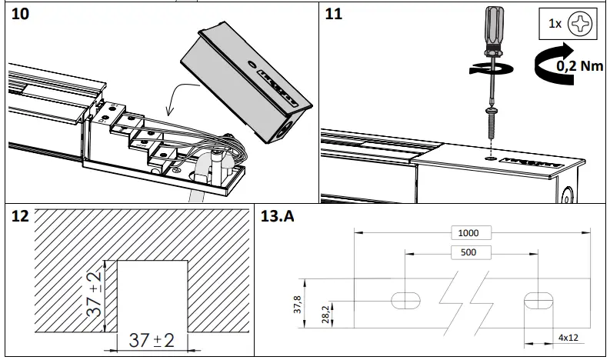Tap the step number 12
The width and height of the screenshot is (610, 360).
click(22, 216)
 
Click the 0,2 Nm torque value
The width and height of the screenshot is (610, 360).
click(579, 67)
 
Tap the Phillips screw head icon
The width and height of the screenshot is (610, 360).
click(580, 24)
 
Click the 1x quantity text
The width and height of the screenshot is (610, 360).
click(555, 24)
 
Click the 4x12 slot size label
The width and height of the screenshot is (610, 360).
click(568, 337)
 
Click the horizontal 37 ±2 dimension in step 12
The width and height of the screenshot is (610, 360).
click(151, 340)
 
